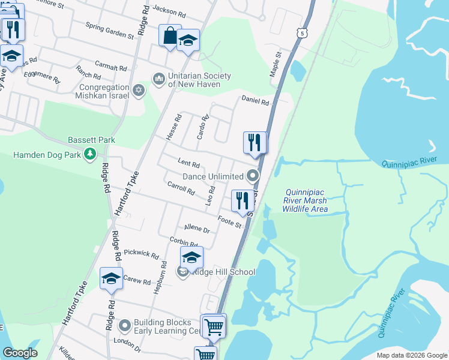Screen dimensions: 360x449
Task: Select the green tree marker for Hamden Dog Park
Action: coord(90,155)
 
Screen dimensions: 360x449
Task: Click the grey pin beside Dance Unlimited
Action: coord(253,176)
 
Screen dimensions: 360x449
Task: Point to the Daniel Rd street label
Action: coord(255,101)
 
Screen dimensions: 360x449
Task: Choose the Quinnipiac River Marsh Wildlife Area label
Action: coord(306,200)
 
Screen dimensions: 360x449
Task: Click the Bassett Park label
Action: coord(91,140)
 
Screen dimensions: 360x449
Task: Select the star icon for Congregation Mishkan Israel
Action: coord(139,90)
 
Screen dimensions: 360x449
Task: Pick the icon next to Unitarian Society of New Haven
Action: coord(159,77)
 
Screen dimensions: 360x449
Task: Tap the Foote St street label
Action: coord(229,221)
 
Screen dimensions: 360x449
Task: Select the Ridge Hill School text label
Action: coord(223,272)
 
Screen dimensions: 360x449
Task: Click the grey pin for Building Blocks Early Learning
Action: coord(125,326)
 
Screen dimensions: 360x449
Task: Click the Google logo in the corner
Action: coord(20,353)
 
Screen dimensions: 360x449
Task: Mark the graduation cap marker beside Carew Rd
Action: coord(111,278)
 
